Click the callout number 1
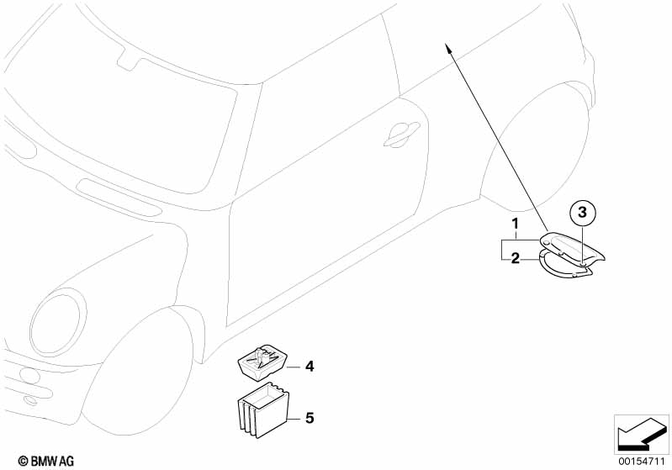[x=516, y=224]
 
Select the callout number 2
[x=515, y=258]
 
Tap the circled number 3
[x=582, y=212]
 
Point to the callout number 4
[x=310, y=367]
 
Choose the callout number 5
[x=310, y=418]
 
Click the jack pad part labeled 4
[x=262, y=362]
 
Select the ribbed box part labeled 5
[x=263, y=410]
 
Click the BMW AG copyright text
[x=46, y=461]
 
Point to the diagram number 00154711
[x=641, y=462]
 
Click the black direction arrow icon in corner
[x=642, y=435]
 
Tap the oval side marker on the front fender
[x=119, y=198]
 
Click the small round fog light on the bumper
[x=30, y=375]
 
